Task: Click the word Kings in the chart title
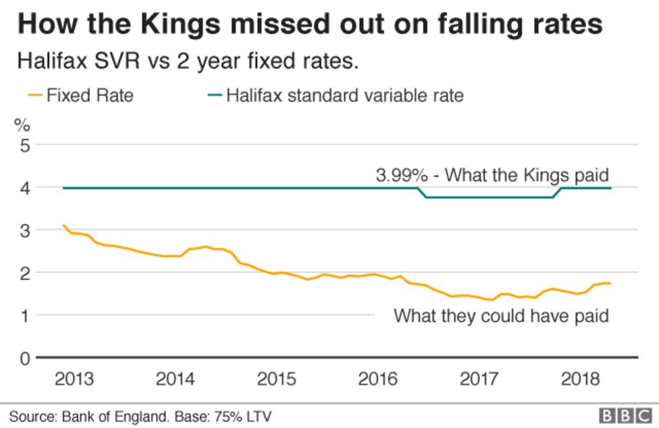point(182,25)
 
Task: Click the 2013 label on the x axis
point(74,379)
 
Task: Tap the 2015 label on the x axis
point(276,379)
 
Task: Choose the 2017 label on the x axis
point(479,379)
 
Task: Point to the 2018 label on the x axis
point(580,379)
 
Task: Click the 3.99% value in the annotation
point(402,176)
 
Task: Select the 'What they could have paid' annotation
point(502,315)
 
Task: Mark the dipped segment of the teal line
point(490,197)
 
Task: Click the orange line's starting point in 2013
point(63,225)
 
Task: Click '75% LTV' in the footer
point(245,417)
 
